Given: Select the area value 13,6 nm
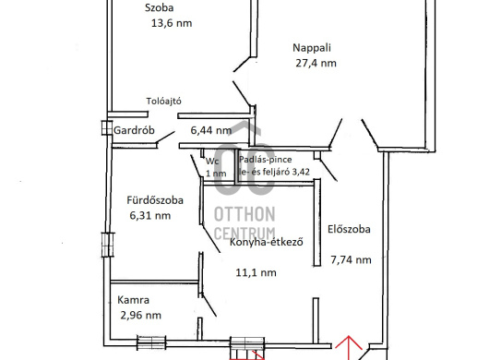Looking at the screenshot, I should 171,25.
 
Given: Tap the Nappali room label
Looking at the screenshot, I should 312,47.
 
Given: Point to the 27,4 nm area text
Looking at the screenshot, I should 315,64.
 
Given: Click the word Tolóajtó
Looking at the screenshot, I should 169,102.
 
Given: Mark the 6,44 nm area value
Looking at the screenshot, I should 210,131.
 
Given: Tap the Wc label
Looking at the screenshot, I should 212,161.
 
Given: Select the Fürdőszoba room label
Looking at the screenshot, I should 155,199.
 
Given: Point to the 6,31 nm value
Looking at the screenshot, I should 149,216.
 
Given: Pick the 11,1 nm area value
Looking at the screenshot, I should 256,272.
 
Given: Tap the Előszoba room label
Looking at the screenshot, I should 350,230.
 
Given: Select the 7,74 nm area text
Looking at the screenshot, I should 351,260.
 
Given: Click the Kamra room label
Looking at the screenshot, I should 134,300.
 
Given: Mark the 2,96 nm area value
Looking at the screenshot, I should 140,316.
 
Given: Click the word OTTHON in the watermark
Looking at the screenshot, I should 244,214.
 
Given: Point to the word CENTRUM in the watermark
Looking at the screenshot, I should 244,234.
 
